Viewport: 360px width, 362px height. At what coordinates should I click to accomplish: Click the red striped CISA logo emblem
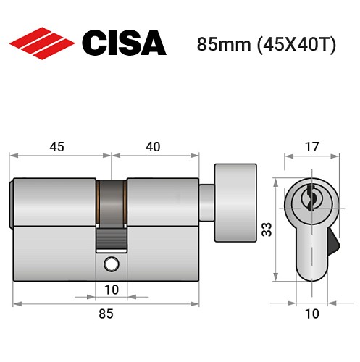pos(41,43)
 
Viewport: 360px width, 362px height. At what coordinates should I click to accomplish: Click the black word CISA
pos(123,43)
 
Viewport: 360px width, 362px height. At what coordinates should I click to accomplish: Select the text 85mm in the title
pos(221,43)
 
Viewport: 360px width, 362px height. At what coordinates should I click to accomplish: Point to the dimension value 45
pos(56,146)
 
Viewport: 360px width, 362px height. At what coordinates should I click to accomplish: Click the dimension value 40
pos(153,146)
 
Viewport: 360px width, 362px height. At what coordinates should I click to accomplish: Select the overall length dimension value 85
pos(106,313)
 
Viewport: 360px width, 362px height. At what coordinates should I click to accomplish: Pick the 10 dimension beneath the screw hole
pos(112,290)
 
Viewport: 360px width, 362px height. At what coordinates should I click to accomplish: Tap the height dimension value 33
pos(267,230)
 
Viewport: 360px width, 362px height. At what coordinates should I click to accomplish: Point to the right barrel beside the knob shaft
pos(162,201)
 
